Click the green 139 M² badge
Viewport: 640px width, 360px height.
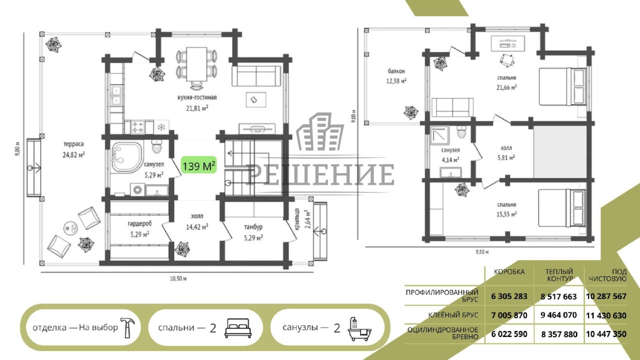pos(199,165)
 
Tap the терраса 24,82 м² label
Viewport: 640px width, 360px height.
pos(73,149)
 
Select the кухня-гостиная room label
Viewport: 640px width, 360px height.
pos(197,97)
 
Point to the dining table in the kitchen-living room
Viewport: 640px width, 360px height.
pos(196,64)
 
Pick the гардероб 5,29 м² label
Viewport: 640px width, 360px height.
pos(139,229)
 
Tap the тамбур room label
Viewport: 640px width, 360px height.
pos(253,227)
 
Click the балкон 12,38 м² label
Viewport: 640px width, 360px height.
pos(396,76)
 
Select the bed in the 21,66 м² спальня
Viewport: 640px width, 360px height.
pos(562,86)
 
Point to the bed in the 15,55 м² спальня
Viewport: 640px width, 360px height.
pos(561,208)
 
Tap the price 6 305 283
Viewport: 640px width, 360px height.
pos(509,296)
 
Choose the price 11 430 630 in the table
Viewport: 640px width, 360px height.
pos(606,315)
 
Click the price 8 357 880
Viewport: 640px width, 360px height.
pos(559,334)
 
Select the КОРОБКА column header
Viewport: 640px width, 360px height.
pos(509,271)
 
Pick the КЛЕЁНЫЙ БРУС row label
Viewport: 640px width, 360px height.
pos(453,315)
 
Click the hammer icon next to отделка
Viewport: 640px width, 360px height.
pos(127,327)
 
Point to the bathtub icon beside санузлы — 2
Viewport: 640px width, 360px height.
pos(359,329)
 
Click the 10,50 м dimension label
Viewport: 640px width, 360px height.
pos(178,278)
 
